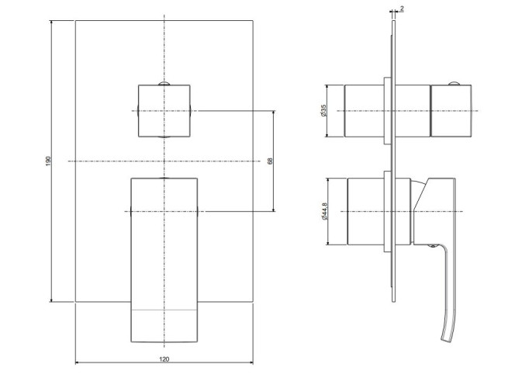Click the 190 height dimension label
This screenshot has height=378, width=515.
tap(48, 161)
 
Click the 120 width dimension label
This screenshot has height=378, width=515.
tap(164, 359)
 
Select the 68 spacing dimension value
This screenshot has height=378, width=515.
tap(271, 161)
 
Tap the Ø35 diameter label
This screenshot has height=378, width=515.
tap(323, 111)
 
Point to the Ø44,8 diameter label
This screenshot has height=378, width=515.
tap(325, 211)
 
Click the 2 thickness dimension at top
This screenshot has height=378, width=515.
tap(402, 9)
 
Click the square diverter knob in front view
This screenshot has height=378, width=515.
tap(164, 111)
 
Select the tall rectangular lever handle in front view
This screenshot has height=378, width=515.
tap(164, 260)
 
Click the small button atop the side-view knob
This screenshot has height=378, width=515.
tap(455, 83)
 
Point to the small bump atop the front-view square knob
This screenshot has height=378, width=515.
tap(164, 84)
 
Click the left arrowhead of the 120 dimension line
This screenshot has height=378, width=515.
tap(78, 362)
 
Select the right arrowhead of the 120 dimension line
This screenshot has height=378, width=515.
tap(251, 362)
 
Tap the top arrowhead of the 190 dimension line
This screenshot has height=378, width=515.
tap(51, 23)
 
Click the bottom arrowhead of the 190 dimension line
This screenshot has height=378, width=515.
tap(51, 300)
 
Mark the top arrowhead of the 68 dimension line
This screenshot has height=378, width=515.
tap(274, 113)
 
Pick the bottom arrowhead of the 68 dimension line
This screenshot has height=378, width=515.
tap(274, 209)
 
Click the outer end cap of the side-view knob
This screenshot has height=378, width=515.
tap(451, 111)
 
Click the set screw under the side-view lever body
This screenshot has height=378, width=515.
tap(433, 246)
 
